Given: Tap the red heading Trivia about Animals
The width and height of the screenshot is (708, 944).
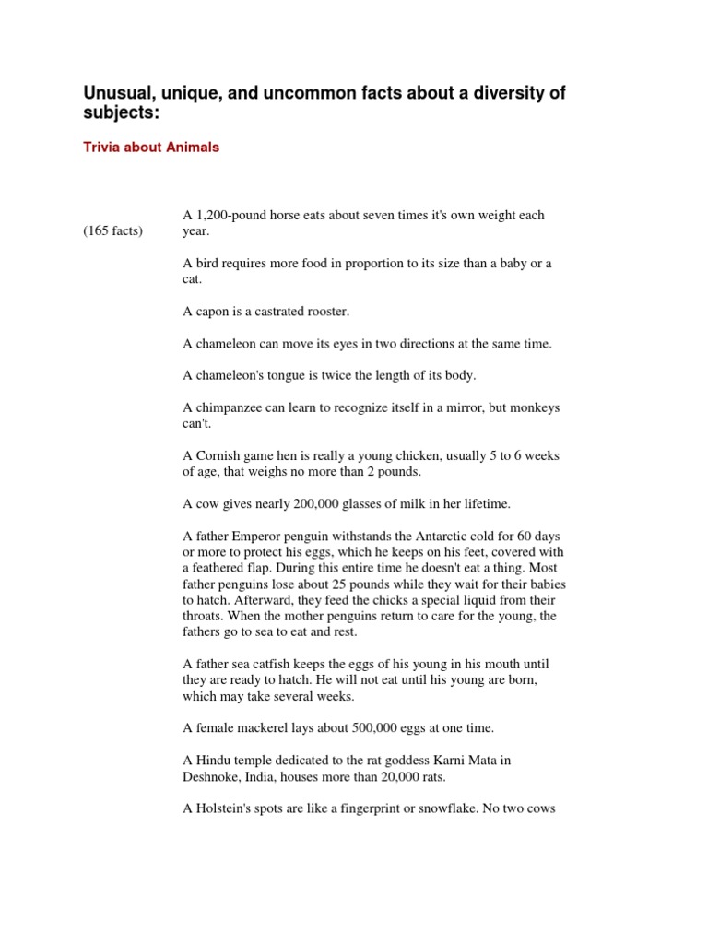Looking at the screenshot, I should pos(151,147).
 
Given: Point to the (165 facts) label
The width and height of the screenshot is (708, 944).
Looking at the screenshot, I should pos(113,230).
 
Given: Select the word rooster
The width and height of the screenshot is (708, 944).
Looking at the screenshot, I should pos(328,312).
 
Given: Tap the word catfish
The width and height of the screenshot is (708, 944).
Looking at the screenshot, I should pos(278,665).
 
